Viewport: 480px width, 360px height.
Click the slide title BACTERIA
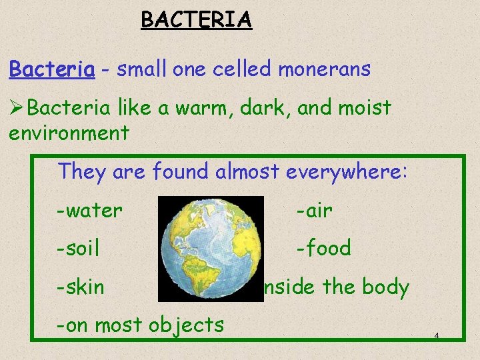pyautogui.click(x=196, y=20)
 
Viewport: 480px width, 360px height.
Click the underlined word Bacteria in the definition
pyautogui.click(x=51, y=69)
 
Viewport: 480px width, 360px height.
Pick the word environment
pyautogui.click(x=69, y=133)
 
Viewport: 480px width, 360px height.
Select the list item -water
pyautogui.click(x=89, y=211)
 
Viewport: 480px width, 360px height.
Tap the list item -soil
pyautogui.click(x=78, y=249)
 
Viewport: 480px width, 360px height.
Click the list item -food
pyautogui.click(x=323, y=249)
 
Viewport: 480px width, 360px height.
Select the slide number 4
pyautogui.click(x=436, y=335)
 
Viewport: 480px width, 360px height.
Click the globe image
pyautogui.click(x=211, y=248)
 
